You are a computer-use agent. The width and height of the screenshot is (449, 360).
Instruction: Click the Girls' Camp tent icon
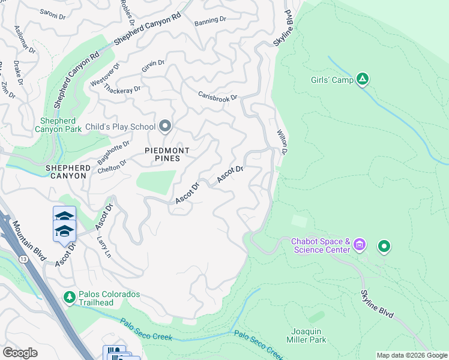pos(362,79)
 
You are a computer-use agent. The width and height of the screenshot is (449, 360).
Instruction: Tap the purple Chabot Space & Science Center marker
pos(360,244)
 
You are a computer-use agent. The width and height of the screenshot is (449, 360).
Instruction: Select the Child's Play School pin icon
pos(166,127)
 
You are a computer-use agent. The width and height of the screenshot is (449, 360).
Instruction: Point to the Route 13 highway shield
pos(23,242)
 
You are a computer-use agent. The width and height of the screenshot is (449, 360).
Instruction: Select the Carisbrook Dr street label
pos(218,97)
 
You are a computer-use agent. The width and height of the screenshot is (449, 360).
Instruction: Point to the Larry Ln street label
pos(104,247)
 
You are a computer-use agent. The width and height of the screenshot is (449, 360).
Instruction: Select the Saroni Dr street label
pos(52,14)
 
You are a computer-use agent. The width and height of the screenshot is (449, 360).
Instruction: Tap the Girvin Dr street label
pos(153,66)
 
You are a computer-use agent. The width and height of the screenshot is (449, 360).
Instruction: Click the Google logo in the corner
pos(20,353)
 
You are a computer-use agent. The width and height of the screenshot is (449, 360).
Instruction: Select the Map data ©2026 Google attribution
pos(412,355)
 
